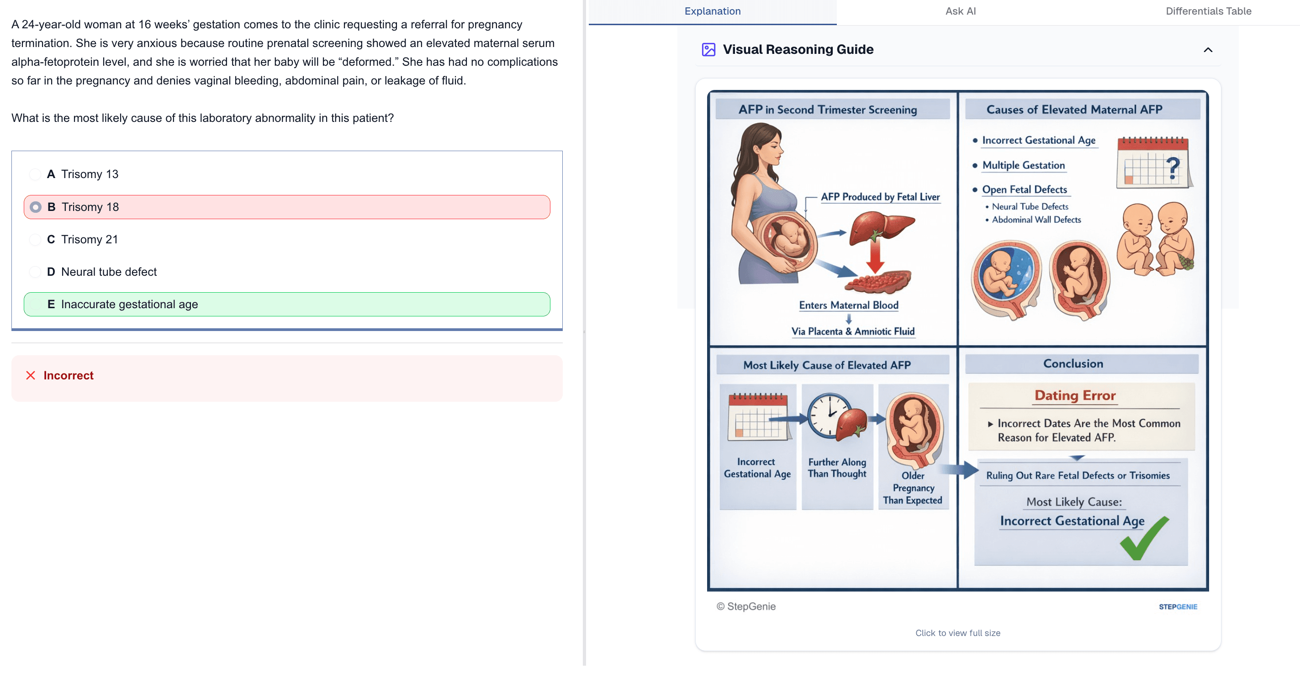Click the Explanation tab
712,11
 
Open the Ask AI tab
960,11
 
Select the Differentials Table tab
1208,11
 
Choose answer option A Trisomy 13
83,174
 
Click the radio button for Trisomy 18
35,207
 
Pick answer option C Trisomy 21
83,239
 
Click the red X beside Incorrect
31,375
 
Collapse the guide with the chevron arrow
1208,49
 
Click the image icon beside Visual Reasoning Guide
708,49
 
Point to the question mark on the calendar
1173,168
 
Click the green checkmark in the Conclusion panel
1144,539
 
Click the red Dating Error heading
1074,395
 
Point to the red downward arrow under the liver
875,256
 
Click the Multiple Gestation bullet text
1023,165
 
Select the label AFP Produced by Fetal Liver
880,197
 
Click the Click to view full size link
957,633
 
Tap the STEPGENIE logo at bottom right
1178,606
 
